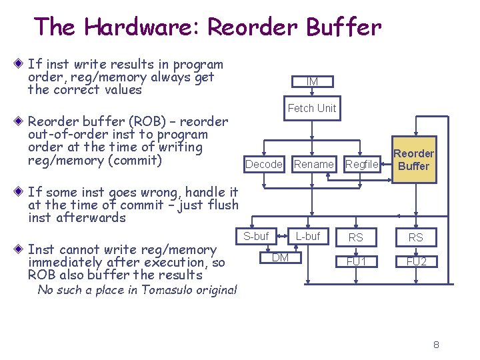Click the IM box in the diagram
click(312, 81)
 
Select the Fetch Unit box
click(312, 108)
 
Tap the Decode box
click(264, 164)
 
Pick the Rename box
click(313, 164)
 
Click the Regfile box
click(362, 164)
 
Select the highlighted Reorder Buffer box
click(413, 160)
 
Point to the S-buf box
click(256, 237)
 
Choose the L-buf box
click(307, 237)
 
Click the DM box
click(281, 258)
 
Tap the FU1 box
click(356, 261)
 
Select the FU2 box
click(416, 261)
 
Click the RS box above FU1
click(356, 237)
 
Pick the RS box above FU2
click(416, 237)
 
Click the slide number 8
click(436, 345)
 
